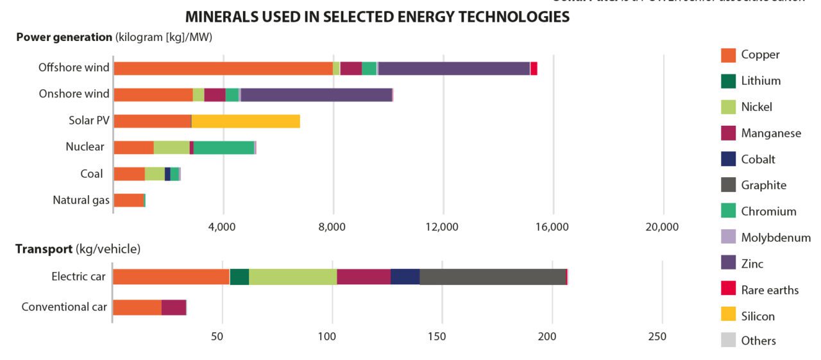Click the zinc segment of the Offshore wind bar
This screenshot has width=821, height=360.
454,68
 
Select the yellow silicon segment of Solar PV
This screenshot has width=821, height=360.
246,121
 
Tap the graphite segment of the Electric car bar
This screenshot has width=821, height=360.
493,277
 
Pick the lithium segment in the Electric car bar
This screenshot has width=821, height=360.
239,277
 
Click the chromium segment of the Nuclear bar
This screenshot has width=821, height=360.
224,147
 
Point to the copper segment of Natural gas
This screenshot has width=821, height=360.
128,200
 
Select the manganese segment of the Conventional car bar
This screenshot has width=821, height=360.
173,307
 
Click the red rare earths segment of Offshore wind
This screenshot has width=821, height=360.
534,68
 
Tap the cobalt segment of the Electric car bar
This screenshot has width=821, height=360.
405,277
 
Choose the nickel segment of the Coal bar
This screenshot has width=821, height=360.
155,173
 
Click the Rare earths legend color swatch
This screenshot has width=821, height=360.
728,289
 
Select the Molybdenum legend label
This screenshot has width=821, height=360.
775,237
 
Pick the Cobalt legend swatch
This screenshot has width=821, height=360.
728,159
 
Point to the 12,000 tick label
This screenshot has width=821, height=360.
442,227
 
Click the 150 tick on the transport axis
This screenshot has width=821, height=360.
437,336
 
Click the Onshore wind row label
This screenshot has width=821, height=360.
74,94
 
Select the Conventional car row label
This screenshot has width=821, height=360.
64,307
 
